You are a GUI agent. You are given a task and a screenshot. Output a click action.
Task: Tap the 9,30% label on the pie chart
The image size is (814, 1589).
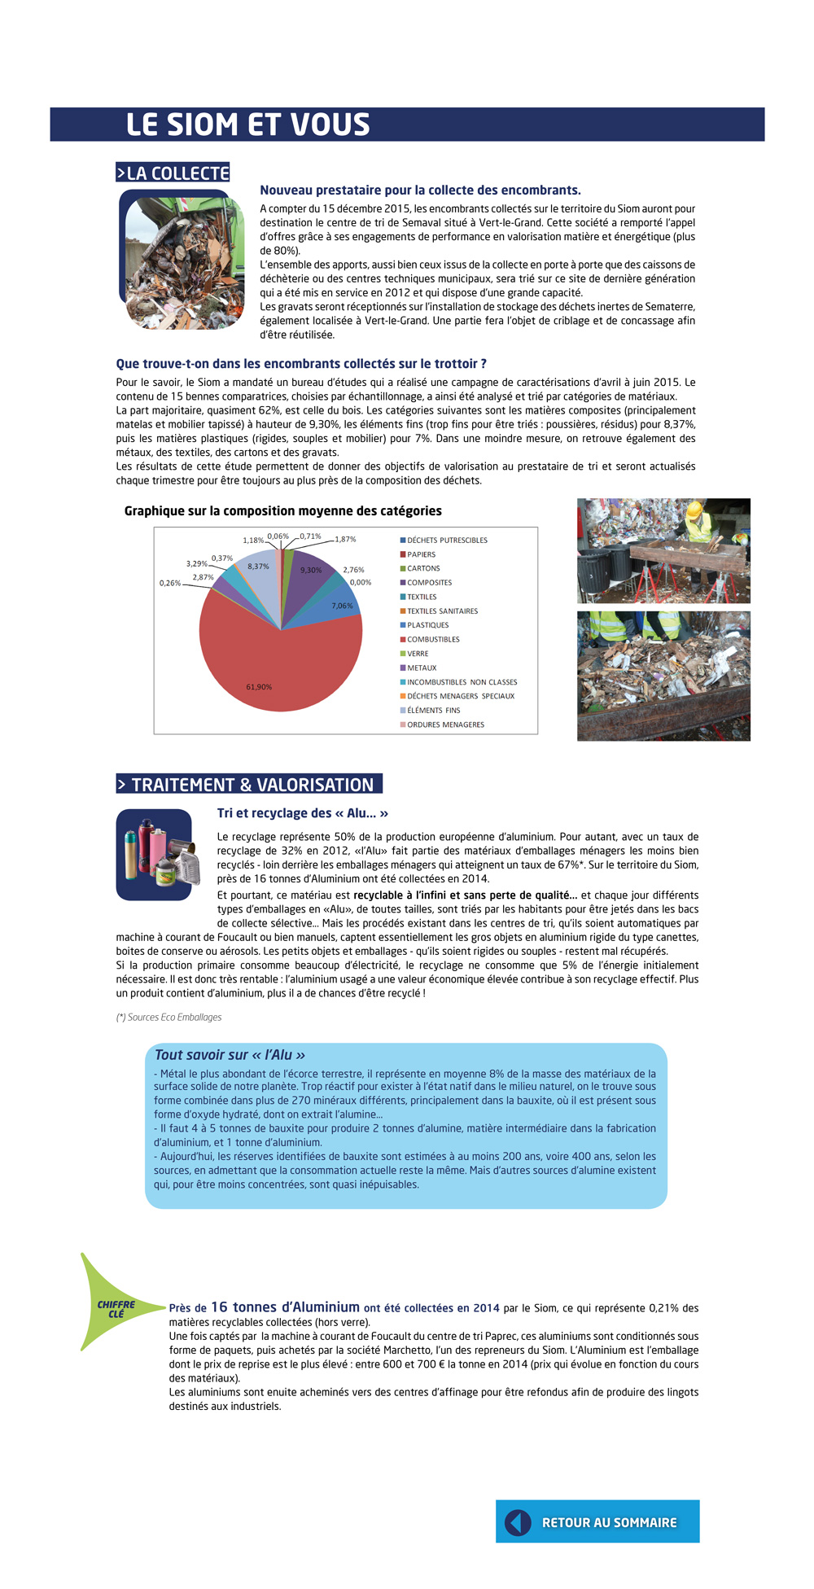coord(311,571)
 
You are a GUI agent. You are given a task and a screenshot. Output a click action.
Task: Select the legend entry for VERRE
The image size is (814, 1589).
coord(418,654)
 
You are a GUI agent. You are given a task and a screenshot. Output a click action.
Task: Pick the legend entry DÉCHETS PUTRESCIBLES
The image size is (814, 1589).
coord(447,541)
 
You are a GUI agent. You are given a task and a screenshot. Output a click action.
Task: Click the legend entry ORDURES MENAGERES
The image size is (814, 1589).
coord(445,724)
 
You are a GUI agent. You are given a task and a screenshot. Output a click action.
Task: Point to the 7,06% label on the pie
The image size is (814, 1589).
coord(343,606)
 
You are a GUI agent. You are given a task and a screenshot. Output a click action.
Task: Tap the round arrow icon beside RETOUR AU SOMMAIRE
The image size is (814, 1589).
coord(518,1521)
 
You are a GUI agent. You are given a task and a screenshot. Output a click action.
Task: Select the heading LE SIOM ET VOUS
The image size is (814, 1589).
coord(248,125)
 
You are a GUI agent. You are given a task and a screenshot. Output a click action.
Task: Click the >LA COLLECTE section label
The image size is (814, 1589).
coord(173,173)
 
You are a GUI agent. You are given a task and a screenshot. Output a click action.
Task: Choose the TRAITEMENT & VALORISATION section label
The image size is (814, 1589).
coord(249,784)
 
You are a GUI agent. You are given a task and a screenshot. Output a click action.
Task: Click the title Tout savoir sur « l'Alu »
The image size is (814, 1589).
coord(230,1054)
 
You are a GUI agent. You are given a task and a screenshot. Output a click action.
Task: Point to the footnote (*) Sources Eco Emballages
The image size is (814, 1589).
coord(168,1017)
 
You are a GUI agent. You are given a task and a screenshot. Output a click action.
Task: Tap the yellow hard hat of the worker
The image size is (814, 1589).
coord(694,510)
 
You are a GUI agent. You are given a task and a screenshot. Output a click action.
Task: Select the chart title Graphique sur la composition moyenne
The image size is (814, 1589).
coord(283,511)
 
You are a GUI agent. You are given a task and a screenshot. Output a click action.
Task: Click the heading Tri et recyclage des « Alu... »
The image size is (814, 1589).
coord(303,813)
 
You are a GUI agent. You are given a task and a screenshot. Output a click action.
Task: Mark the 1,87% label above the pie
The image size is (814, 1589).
coord(345,539)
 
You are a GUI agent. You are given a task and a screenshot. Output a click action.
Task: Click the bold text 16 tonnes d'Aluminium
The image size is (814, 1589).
coord(285,1307)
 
